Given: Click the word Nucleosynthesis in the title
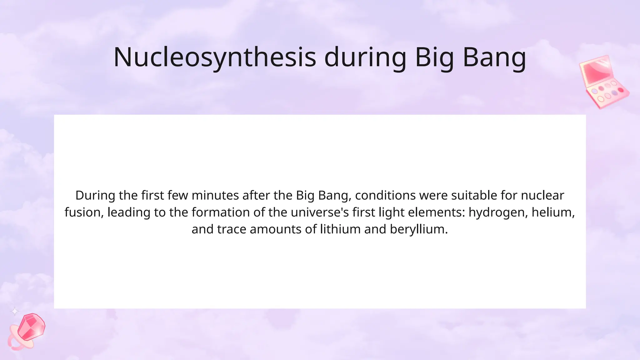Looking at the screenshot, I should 215,57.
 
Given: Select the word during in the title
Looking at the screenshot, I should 365,57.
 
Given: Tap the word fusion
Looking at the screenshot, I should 82,212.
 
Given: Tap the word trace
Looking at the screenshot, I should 232,229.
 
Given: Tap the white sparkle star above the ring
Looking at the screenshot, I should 15,312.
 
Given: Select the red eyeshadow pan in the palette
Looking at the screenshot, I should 620,90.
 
